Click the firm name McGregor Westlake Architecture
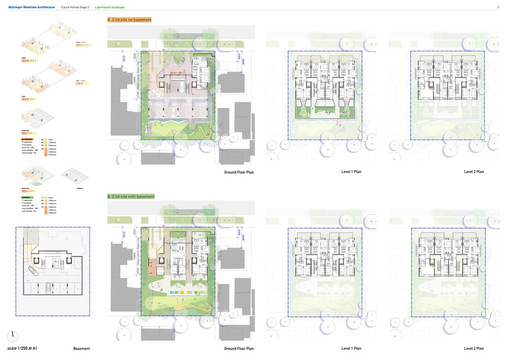(x=31, y=7)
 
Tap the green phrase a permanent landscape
(x=110, y=7)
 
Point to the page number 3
(x=498, y=7)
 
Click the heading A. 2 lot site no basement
(x=129, y=20)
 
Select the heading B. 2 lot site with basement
(x=131, y=196)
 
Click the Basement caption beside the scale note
(x=81, y=348)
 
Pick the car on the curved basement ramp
(x=33, y=270)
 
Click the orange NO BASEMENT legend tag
(x=28, y=139)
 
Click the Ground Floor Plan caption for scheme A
(x=239, y=172)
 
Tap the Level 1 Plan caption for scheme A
(x=351, y=171)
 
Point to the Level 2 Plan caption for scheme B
(x=474, y=348)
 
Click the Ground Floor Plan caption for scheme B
(x=239, y=348)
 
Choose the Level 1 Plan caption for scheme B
(x=351, y=348)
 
